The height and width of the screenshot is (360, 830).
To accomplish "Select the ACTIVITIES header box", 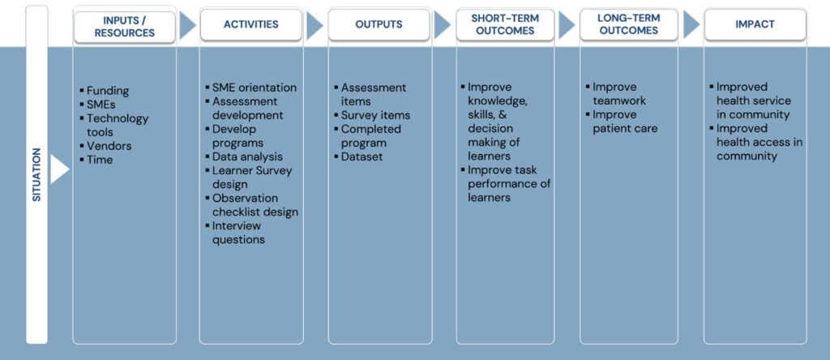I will click(251, 25).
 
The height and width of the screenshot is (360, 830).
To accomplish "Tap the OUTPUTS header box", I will click(379, 25).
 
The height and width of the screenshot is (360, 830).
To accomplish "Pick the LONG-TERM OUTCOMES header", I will click(628, 25).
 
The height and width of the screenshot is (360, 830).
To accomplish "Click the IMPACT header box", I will click(755, 25).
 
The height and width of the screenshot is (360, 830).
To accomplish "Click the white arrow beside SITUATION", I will click(59, 169).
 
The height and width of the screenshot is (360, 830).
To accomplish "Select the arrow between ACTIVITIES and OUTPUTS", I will click(314, 25).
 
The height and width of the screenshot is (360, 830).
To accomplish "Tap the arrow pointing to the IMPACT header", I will click(691, 25).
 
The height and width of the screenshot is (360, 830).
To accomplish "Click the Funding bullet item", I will click(107, 91).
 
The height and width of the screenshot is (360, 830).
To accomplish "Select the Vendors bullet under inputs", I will click(109, 146).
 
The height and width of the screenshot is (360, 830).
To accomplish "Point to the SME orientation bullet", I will click(254, 88).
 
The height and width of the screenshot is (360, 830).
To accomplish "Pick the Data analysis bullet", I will click(247, 156).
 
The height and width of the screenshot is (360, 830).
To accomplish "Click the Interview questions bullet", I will click(238, 233).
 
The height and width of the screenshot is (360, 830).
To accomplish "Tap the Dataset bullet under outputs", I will click(362, 156).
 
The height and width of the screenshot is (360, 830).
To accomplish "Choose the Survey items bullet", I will click(375, 115).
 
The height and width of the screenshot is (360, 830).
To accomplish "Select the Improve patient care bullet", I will click(625, 122).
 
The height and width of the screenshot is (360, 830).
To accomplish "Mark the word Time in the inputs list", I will click(101, 160).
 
